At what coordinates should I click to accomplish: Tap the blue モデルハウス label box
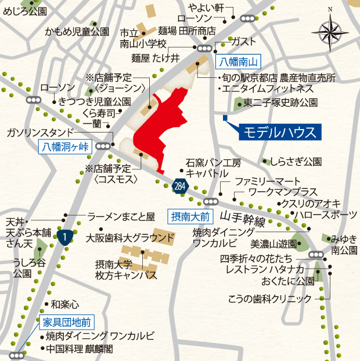click(x=279, y=131)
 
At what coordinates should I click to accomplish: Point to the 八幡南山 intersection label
click(x=239, y=61)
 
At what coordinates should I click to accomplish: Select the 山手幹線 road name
click(x=243, y=219)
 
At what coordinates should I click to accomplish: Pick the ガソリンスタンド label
click(x=40, y=132)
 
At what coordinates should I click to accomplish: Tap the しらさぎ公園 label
click(x=300, y=161)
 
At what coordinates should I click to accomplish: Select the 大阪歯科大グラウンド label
click(x=129, y=237)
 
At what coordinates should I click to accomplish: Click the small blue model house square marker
click(x=225, y=119)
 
